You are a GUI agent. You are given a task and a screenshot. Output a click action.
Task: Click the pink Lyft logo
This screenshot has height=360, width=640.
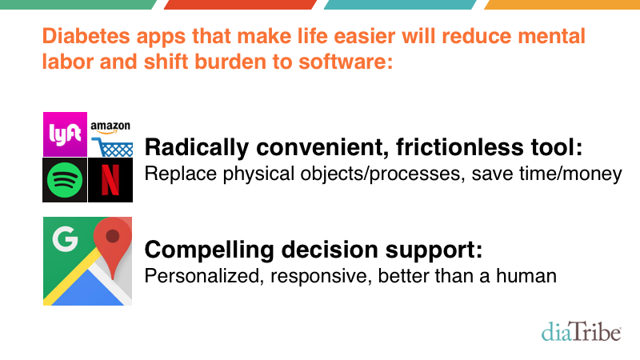(x=65, y=134)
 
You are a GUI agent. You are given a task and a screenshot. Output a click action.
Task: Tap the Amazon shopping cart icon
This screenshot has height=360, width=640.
(x=112, y=147)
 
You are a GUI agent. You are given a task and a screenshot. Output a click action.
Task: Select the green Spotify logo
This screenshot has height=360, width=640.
(x=65, y=180)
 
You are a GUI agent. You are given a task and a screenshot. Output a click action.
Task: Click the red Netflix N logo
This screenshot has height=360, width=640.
(x=110, y=180)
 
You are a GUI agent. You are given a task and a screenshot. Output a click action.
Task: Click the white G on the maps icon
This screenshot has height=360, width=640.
(x=65, y=238)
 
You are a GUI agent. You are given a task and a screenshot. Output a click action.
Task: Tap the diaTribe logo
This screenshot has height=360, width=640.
(x=582, y=331)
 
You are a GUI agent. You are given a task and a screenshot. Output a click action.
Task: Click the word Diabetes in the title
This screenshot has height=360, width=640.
(x=86, y=36)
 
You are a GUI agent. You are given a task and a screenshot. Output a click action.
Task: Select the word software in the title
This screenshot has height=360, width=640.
(x=346, y=62)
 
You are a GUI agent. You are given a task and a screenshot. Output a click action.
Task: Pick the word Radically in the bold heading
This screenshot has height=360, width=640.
(x=196, y=147)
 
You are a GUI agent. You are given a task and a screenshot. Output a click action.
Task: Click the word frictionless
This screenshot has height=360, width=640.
(x=459, y=146)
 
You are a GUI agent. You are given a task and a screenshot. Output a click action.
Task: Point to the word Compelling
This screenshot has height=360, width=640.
(x=209, y=250)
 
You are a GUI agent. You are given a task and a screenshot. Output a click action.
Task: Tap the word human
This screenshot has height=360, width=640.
(x=526, y=276)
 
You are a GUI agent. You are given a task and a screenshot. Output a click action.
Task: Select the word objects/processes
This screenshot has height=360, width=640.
(x=382, y=174)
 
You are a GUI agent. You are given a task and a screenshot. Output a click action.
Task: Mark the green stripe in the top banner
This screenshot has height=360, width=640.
(x=78, y=5)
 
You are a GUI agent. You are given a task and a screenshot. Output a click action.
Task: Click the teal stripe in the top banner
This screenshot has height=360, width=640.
(x=400, y=5)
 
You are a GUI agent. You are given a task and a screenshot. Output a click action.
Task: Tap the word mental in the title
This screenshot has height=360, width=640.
(x=551, y=36)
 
